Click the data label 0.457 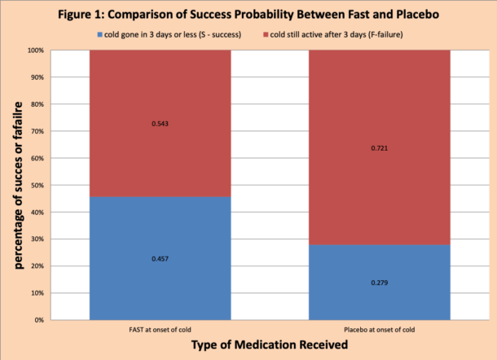click(160, 258)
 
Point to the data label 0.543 click(160, 124)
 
